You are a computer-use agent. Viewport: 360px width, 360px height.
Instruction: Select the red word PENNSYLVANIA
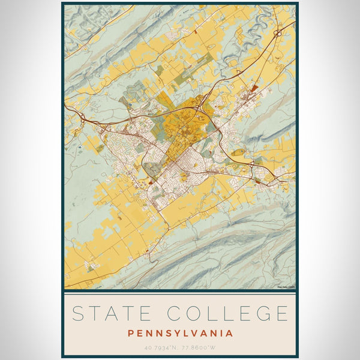179,332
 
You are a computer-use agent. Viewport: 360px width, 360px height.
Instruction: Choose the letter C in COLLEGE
173,313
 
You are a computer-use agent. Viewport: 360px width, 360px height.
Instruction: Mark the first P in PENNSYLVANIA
130,332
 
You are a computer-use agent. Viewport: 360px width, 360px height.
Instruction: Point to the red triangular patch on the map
254,88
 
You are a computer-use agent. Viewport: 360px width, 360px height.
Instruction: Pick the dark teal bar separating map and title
180,291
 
